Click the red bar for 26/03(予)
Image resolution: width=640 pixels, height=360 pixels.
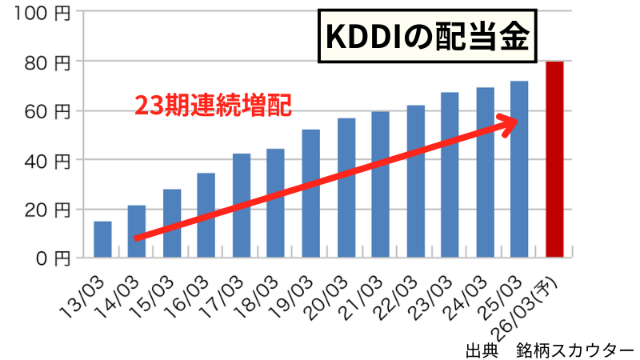[x=555, y=160]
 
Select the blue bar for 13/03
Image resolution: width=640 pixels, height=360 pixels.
[x=102, y=239]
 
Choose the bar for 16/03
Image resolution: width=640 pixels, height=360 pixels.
[x=206, y=215]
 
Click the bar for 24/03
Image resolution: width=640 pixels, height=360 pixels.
[x=485, y=173]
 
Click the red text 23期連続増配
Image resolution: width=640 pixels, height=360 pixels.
[x=212, y=105]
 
